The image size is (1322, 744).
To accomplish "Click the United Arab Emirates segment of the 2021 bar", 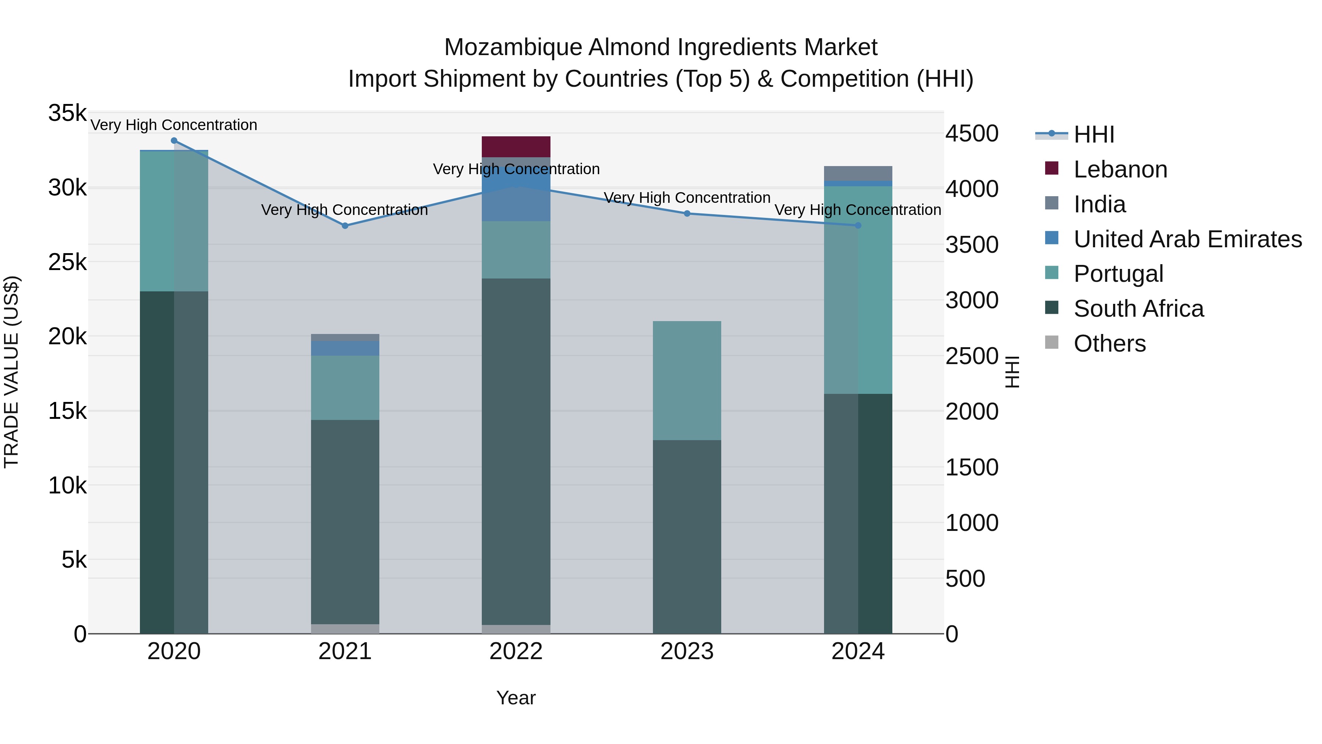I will coord(345,348).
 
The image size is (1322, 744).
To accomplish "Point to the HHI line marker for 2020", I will coord(174,141).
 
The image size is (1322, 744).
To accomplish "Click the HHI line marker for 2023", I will coord(687,213).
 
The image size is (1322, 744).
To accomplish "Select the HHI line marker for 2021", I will coord(345,226).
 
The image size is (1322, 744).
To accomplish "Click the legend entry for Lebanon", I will coord(1120,169).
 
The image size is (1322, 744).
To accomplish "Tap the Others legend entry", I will coord(1109,344).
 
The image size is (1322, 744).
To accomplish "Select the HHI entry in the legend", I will coord(1094,134).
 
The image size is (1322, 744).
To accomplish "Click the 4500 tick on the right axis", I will coord(971,134).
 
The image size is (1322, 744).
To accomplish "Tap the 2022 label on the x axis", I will coord(516,651).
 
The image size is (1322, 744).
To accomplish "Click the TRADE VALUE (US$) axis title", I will coord(11,372).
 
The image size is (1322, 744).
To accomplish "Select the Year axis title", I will coord(516,698).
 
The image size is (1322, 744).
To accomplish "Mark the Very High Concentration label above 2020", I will coord(174,125).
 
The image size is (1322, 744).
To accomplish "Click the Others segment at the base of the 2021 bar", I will coord(345,629).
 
